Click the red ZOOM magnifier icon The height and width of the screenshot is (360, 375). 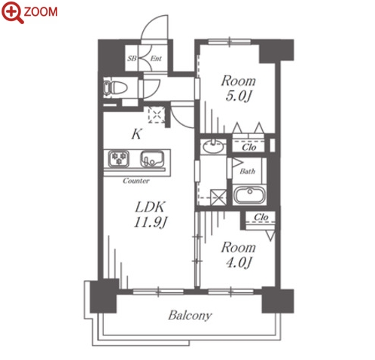click(13, 13)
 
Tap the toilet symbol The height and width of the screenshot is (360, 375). click(115, 87)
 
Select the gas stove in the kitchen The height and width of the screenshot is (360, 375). click(119, 159)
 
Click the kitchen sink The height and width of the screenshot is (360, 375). click(151, 159)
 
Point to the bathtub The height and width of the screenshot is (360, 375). click(249, 195)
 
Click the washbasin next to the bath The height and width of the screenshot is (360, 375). click(213, 146)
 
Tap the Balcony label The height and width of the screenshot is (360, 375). click(190, 316)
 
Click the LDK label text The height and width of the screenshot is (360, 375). click(150, 207)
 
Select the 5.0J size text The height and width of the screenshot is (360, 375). click(238, 96)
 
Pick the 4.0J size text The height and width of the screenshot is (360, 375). click(239, 263)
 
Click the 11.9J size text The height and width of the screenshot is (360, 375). click(151, 222)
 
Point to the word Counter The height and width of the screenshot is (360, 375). click(136, 181)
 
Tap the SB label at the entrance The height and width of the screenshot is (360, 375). click(132, 59)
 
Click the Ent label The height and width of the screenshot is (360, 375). click(156, 59)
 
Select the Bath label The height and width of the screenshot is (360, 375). click(248, 172)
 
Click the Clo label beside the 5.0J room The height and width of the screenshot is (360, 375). click(249, 148)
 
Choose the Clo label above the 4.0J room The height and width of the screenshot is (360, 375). click(261, 217)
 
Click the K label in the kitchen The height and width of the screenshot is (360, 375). click(136, 134)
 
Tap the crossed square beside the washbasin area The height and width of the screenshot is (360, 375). click(218, 197)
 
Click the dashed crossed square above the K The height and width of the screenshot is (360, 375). click(157, 114)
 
